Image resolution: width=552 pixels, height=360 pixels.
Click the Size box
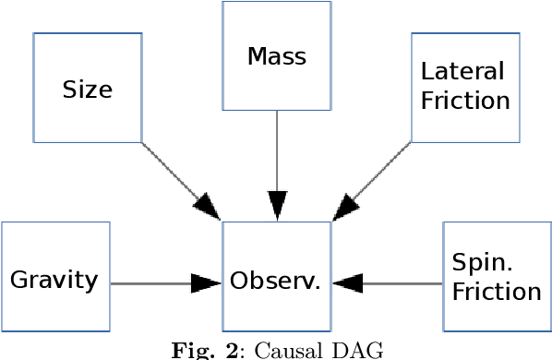click(88, 88)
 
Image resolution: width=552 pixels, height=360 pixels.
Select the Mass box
click(277, 56)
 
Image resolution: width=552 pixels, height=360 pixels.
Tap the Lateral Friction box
click(465, 88)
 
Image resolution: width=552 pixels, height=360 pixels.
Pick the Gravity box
click(55, 277)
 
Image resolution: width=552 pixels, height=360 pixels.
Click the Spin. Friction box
click(497, 277)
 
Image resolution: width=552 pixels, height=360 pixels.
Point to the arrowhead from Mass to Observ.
click(277, 205)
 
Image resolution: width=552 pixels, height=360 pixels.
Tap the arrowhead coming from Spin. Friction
click(348, 283)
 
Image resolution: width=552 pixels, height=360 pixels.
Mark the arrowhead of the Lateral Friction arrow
click(344, 208)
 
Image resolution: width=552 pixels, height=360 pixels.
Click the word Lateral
click(450, 72)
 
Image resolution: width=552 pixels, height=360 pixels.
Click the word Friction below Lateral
click(465, 102)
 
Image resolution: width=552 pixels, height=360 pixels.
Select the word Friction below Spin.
click(497, 293)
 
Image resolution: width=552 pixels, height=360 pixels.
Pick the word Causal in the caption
click(285, 350)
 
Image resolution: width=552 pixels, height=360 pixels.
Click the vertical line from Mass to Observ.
click(277, 148)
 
